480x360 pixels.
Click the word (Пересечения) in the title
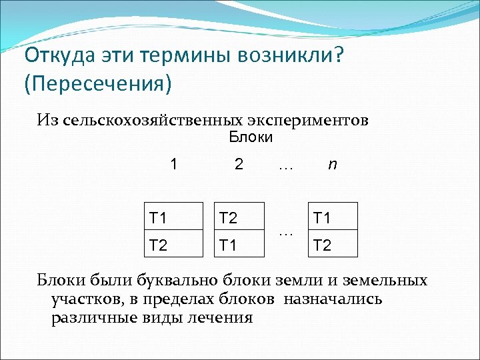97,84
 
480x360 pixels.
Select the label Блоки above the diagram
251,138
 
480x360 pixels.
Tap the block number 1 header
174,164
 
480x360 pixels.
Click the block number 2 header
239,164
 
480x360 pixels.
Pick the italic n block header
331,164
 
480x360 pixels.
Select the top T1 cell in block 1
173,217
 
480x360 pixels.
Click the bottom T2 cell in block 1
173,243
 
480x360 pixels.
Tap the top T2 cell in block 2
238,217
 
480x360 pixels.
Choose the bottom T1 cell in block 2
238,243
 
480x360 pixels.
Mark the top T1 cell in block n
332,217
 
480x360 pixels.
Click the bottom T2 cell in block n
332,243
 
